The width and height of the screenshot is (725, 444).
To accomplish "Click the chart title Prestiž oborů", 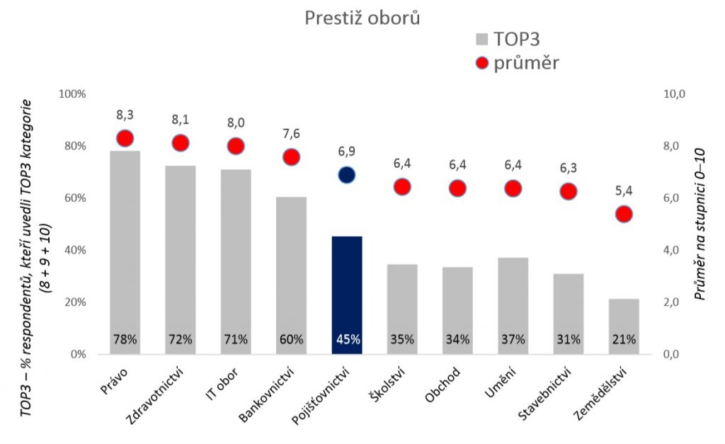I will (362, 18).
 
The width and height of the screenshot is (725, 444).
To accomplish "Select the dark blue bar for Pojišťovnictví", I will (347, 290).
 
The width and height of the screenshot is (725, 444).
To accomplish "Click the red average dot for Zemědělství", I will (624, 214).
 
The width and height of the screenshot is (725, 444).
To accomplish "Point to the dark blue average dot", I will (346, 175).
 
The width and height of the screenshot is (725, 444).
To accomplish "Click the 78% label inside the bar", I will (125, 339).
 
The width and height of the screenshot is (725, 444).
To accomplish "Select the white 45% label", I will (347, 339).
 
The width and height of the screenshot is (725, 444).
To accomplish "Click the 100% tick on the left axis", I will (71, 94).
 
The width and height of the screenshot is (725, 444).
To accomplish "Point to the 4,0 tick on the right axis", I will (670, 250).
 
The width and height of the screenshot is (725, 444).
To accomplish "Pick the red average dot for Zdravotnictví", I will (181, 143).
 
